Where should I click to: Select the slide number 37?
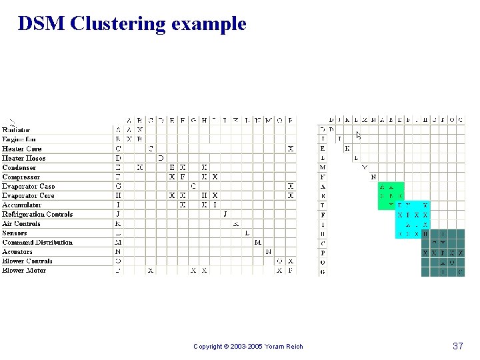[457, 346]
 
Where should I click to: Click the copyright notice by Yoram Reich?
[248, 346]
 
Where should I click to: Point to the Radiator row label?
[16, 130]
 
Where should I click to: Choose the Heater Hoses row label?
[24, 158]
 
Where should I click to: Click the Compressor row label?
[21, 177]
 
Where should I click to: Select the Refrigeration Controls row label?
[37, 214]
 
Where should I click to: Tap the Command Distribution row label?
[37, 242]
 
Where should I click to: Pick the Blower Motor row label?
[24, 270]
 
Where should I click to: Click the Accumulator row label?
[22, 205]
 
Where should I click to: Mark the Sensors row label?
[15, 233]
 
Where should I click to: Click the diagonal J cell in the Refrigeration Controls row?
[225, 214]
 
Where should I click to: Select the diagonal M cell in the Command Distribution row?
[257, 242]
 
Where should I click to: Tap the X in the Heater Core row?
[291, 149]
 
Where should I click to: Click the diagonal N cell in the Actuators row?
[268, 251]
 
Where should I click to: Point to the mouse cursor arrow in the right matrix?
[358, 135]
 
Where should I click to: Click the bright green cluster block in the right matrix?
[391, 196]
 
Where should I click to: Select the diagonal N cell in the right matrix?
[373, 177]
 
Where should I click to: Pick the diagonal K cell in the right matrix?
[347, 148]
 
